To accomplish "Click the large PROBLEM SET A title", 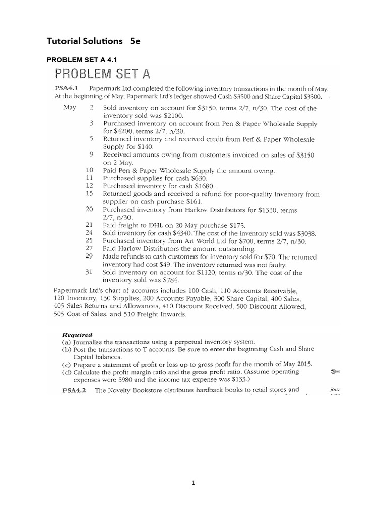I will (x=103, y=75).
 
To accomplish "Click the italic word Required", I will (x=76, y=334).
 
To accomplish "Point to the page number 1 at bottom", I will (x=193, y=483).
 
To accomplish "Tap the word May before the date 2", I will (x=70, y=108).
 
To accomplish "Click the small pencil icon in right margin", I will (x=334, y=372).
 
